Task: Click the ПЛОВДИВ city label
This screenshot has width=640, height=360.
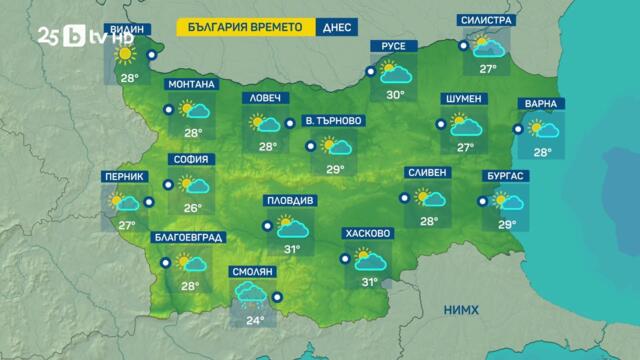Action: [x=290, y=200]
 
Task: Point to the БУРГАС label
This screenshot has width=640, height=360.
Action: [x=507, y=176]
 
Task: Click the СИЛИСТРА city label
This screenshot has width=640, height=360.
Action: [x=487, y=20]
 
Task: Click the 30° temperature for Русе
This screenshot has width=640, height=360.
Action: [x=395, y=95]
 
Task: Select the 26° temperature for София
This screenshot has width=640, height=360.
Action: [x=193, y=208]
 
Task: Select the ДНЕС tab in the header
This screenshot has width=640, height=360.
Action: [x=336, y=27]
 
